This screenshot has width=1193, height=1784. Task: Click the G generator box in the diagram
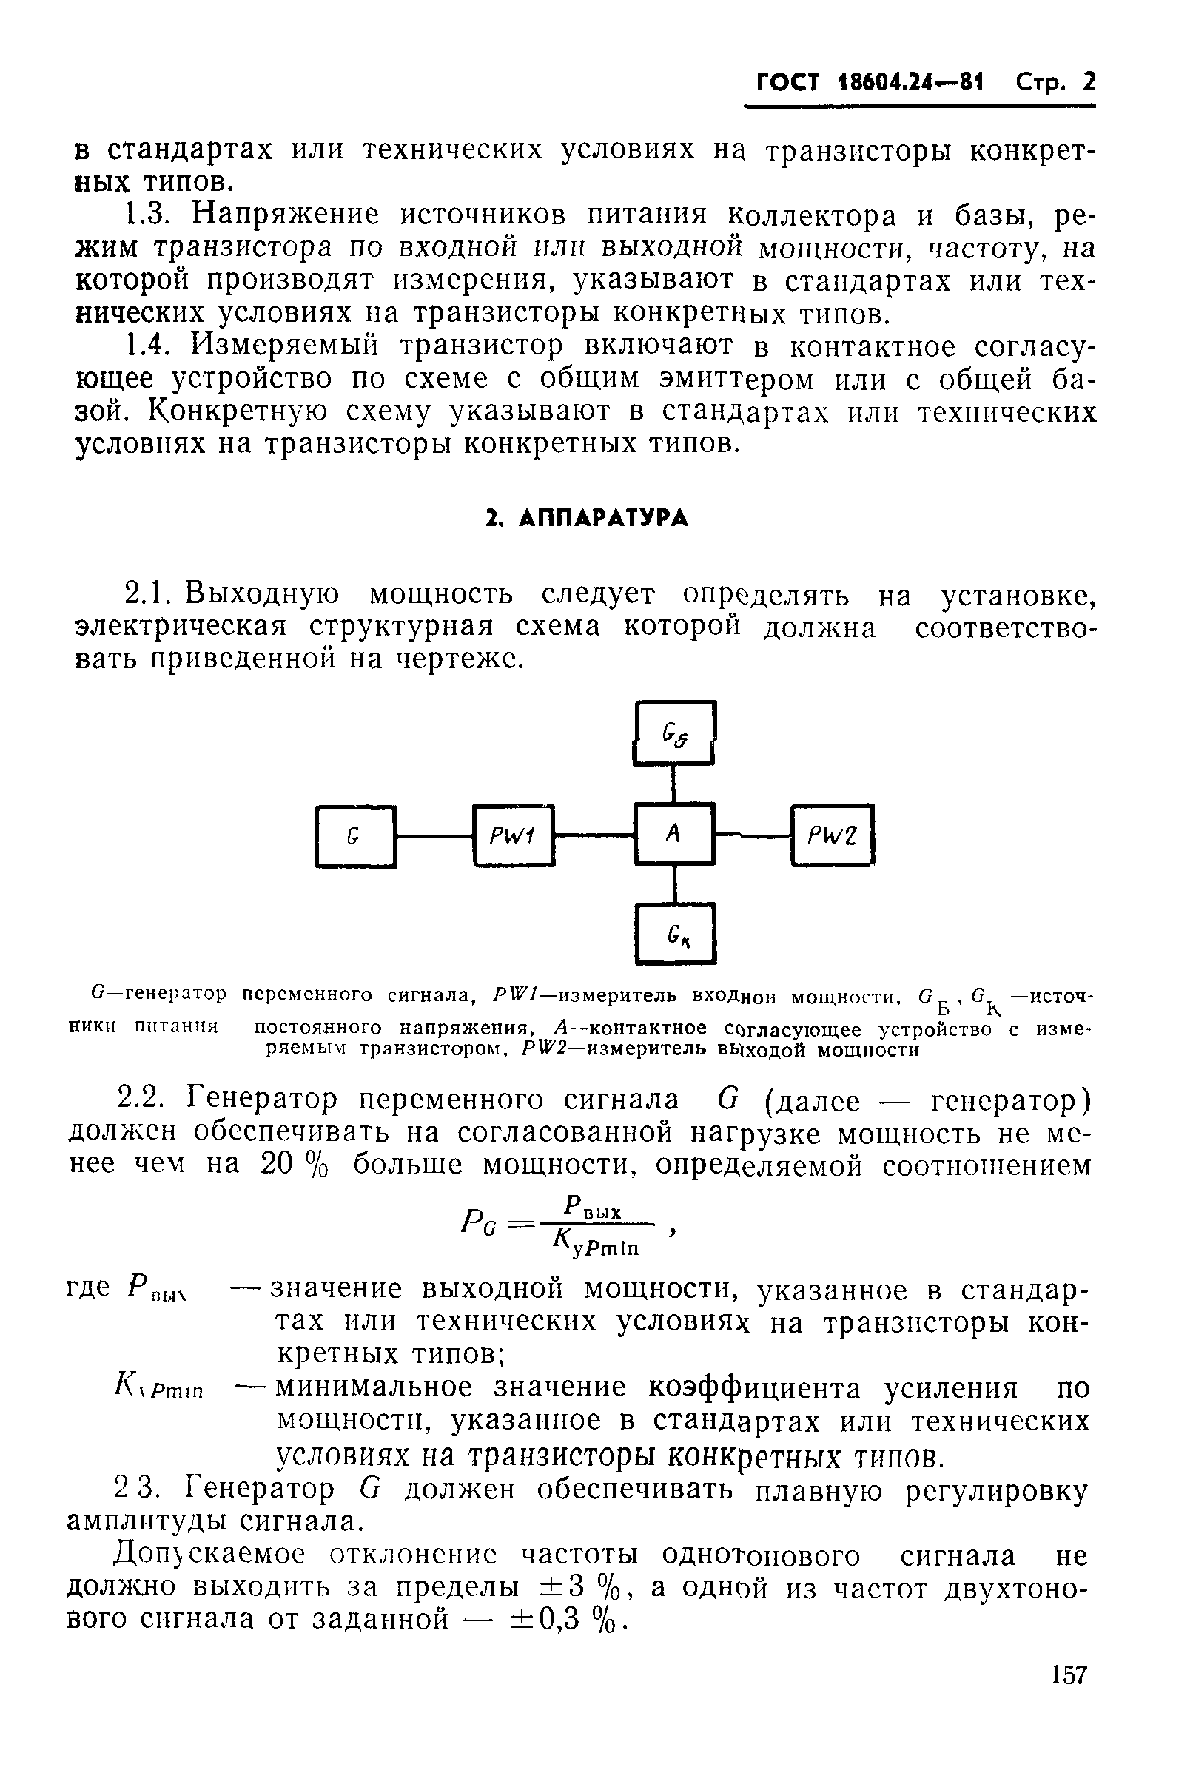[355, 836]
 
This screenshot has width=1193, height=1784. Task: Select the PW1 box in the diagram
[514, 835]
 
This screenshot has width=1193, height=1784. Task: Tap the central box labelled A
[674, 834]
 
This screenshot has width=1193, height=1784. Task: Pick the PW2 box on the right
[833, 835]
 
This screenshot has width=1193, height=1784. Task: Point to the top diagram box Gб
[675, 733]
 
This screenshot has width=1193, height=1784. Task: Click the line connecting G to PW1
[434, 837]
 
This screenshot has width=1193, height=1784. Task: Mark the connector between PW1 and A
[594, 835]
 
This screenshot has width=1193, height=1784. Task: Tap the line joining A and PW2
[753, 835]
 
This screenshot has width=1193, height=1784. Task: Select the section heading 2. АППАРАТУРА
[588, 519]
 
